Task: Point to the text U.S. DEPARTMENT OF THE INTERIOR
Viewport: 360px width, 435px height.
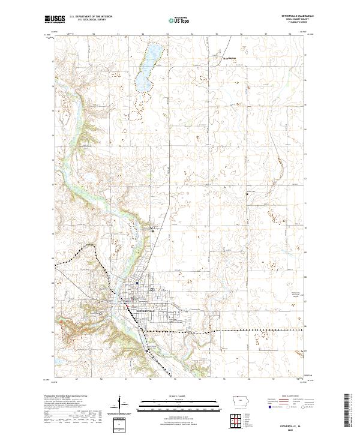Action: click(x=91, y=17)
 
